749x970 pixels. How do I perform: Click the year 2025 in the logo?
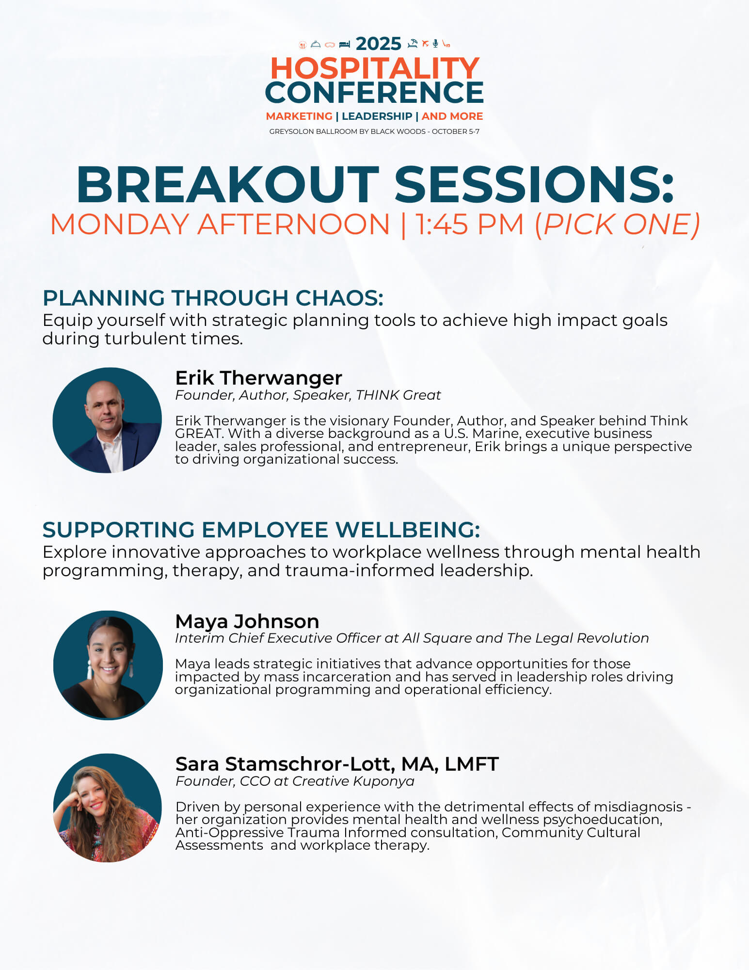378,44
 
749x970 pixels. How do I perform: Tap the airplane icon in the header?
425,44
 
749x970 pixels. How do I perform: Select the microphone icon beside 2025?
435,44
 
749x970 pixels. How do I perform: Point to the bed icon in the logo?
344,44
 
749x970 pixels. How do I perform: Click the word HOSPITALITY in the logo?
375,68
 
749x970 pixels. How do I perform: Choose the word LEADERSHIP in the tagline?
377,116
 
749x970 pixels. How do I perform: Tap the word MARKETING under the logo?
299,116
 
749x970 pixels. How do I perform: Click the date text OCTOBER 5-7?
455,131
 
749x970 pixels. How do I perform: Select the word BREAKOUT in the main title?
227,185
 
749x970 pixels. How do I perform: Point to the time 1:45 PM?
470,225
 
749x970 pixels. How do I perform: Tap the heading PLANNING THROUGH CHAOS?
213,298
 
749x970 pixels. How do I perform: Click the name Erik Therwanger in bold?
258,378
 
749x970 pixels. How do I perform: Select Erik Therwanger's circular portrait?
107,420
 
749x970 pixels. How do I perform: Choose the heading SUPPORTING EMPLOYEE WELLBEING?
261,530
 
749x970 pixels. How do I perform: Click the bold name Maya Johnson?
247,621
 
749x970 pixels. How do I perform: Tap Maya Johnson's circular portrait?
108,665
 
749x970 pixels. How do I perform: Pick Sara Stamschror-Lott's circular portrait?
107,808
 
